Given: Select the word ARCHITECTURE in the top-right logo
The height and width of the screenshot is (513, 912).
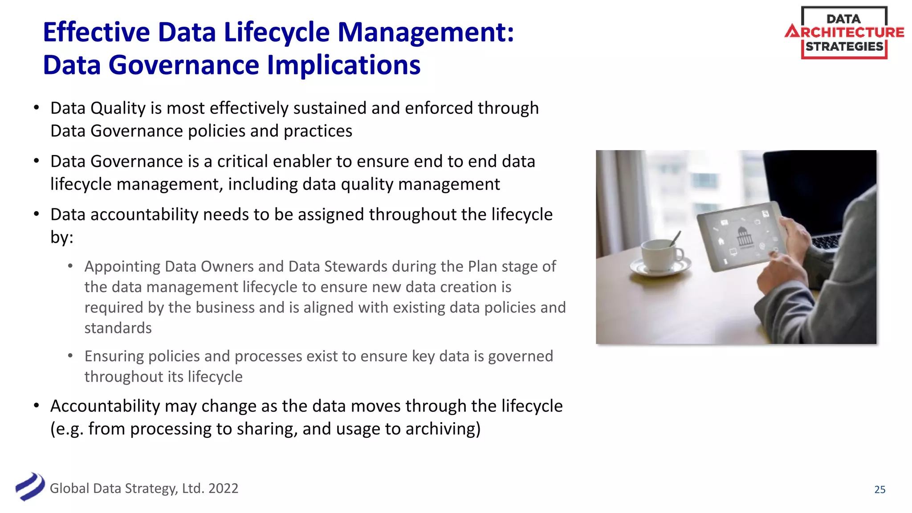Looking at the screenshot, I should point(845,32).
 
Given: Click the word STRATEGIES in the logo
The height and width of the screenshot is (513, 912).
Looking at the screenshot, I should point(844,46).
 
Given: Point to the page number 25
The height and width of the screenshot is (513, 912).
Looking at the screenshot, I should point(879,489).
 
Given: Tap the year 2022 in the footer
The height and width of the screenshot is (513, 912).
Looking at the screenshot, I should point(223,489).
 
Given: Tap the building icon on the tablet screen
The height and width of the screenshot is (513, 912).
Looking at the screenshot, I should point(744,236).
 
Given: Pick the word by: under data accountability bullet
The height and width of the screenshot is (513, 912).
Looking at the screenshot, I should point(61,237).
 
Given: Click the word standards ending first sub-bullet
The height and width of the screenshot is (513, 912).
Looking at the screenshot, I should point(118,328).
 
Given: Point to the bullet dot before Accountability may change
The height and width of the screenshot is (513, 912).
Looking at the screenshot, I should point(37,406).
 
